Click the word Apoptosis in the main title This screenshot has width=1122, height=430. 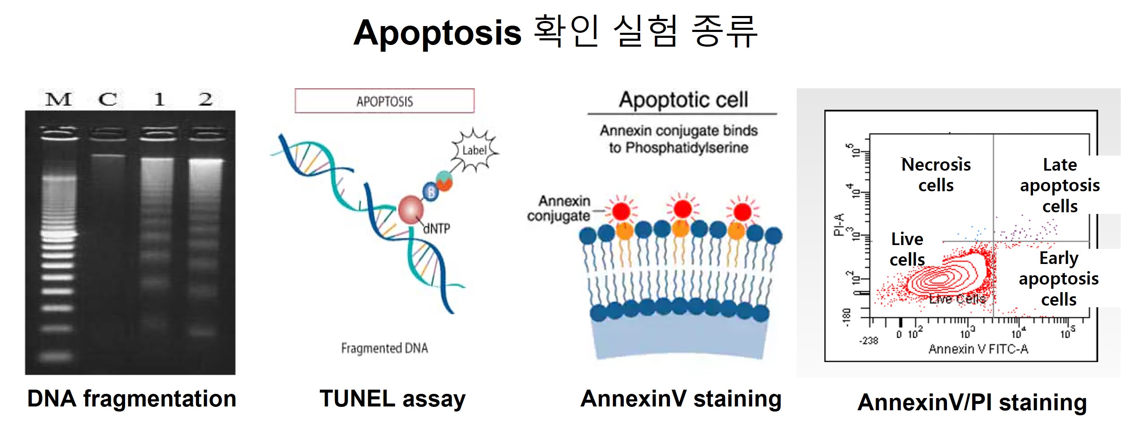tap(437, 33)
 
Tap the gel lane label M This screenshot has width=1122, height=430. tap(59, 100)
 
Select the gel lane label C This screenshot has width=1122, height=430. tap(107, 100)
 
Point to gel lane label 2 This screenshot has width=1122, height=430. tap(206, 100)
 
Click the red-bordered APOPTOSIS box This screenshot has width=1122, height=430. tap(384, 101)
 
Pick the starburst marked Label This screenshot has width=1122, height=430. tap(474, 150)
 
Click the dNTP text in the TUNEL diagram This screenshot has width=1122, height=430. tap(437, 229)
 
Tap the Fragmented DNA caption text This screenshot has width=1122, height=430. tap(384, 348)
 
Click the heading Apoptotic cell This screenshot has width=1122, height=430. tap(683, 100)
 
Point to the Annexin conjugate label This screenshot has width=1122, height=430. tap(558, 208)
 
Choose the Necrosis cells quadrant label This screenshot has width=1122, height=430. tap(936, 175)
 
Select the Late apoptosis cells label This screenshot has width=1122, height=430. tap(1059, 185)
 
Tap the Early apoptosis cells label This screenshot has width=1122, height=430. tap(1059, 279)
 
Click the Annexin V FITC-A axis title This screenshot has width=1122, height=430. tap(978, 349)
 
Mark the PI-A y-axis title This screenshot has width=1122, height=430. tap(838, 224)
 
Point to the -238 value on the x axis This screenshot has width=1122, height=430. tap(868, 340)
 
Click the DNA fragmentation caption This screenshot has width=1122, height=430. tap(131, 398)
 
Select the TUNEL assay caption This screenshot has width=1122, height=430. tap(392, 398)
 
